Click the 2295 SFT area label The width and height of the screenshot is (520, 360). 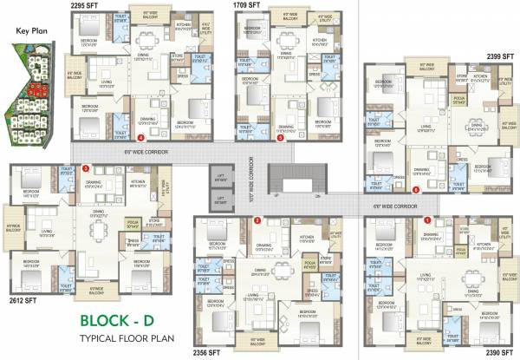click(x=86, y=5)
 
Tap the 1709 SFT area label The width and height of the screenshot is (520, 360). click(x=248, y=5)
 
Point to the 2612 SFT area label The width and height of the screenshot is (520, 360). click(x=22, y=276)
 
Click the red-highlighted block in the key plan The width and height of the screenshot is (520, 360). click(x=36, y=88)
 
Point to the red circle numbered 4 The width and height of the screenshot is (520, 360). click(x=141, y=137)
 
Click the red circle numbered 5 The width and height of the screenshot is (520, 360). click(x=280, y=137)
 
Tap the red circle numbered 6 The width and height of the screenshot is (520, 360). click(x=416, y=189)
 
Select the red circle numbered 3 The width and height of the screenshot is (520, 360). click(x=86, y=167)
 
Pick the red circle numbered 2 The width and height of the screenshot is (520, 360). click(x=257, y=220)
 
